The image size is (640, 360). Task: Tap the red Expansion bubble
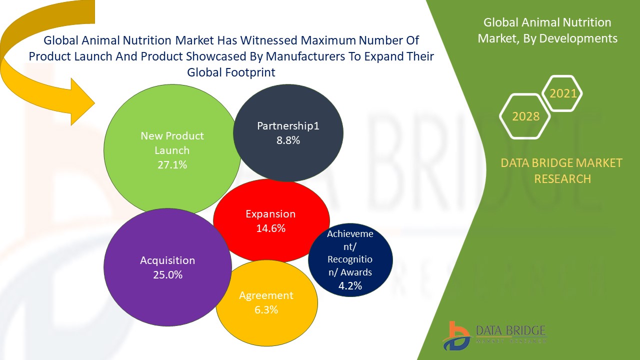pyautogui.click(x=271, y=200)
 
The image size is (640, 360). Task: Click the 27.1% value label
pyautogui.click(x=172, y=164)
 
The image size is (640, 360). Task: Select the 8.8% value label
pyautogui.click(x=288, y=140)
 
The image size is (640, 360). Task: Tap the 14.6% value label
pyautogui.click(x=270, y=228)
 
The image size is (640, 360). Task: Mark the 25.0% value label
pyautogui.click(x=167, y=275)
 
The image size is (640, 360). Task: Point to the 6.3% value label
pyautogui.click(x=266, y=310)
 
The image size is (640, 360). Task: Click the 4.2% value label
pyautogui.click(x=350, y=286)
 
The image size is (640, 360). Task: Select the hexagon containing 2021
pyautogui.click(x=562, y=93)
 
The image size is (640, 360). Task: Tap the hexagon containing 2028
pyautogui.click(x=525, y=116)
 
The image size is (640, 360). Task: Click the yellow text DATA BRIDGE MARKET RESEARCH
pyautogui.click(x=561, y=170)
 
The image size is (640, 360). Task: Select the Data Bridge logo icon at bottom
pyautogui.click(x=456, y=335)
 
